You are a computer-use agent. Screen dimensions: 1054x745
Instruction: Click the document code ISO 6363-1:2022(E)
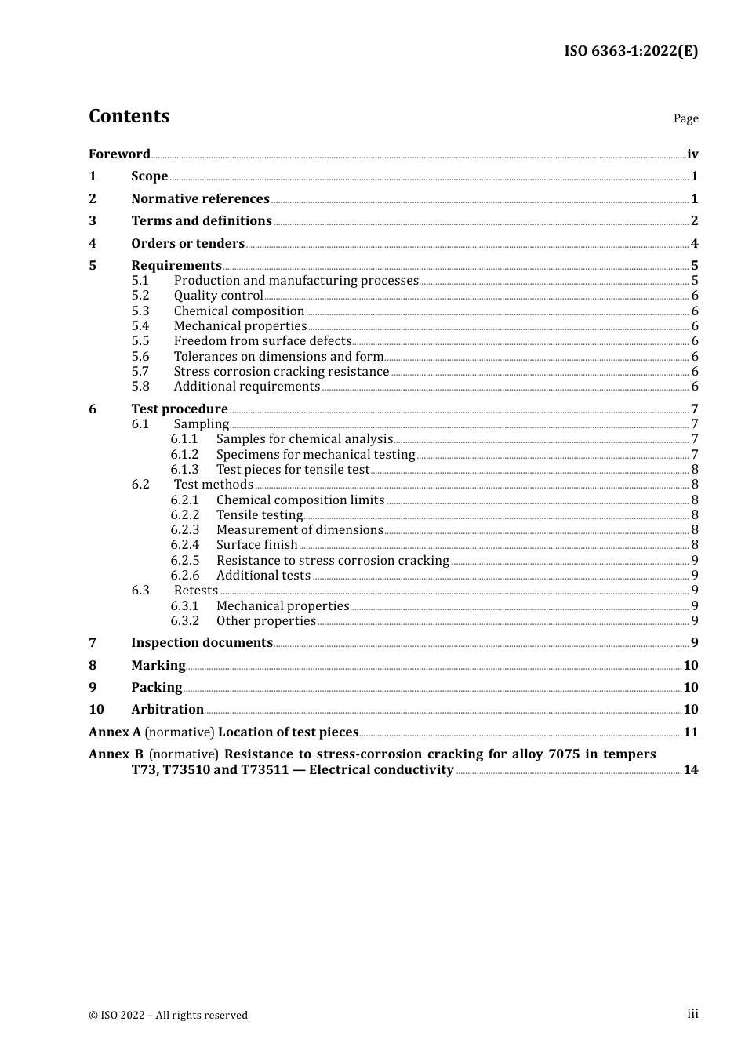click(x=631, y=51)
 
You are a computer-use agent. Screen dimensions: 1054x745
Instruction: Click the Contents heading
click(x=129, y=116)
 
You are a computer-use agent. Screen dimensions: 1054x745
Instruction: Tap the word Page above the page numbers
click(x=685, y=118)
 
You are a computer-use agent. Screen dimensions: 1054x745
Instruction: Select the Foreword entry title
click(x=119, y=154)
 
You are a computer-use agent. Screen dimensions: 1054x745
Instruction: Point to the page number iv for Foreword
click(x=692, y=154)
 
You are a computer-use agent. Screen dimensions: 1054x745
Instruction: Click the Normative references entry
click(x=200, y=199)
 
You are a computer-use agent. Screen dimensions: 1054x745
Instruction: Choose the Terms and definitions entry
click(x=202, y=221)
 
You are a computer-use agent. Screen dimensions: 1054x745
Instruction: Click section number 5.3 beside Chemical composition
click(x=140, y=311)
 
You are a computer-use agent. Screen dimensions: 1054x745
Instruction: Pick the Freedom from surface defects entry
click(x=263, y=341)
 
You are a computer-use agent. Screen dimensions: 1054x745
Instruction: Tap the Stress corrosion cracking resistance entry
click(x=282, y=372)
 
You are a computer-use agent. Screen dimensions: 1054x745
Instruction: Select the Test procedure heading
click(x=180, y=409)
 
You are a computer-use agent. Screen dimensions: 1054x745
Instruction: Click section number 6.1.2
click(x=184, y=455)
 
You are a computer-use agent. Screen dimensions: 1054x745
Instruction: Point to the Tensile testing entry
click(x=260, y=515)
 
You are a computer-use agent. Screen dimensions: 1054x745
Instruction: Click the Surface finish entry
click(x=257, y=545)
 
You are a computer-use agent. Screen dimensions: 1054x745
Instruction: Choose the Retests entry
click(x=196, y=591)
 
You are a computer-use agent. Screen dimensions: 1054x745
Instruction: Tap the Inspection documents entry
click(x=202, y=643)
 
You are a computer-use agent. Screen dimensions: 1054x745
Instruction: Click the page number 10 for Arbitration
click(x=691, y=710)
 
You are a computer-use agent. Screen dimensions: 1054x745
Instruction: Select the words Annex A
click(x=114, y=732)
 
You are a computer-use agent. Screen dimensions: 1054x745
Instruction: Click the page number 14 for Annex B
click(x=691, y=770)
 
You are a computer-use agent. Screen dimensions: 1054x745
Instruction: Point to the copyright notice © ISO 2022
click(x=168, y=1015)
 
